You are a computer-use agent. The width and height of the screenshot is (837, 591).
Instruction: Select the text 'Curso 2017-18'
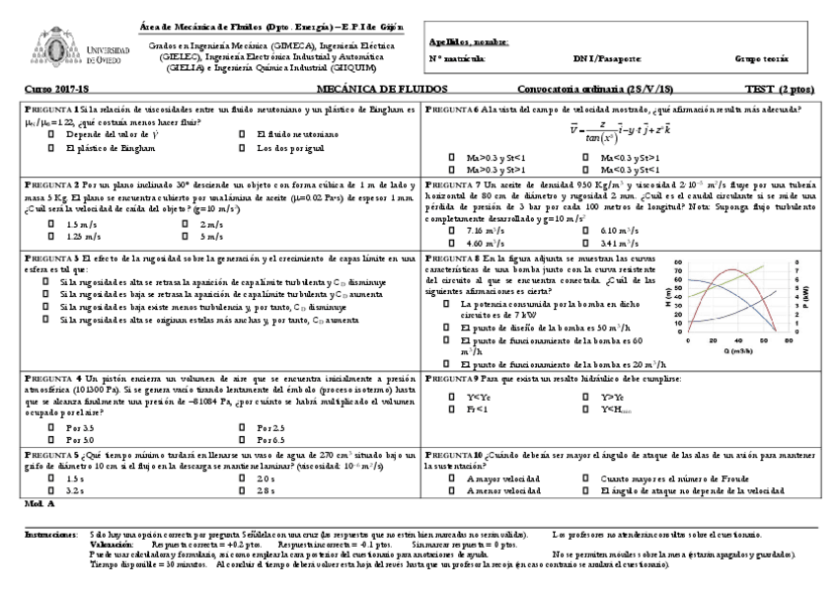(x=49, y=89)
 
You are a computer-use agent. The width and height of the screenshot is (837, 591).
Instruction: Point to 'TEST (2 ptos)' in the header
(x=777, y=89)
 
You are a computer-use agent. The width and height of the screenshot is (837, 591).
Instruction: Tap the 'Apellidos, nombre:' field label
(x=469, y=42)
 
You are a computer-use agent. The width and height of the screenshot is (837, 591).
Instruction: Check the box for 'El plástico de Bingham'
(x=52, y=148)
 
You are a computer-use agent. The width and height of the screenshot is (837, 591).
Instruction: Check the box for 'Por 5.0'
(x=52, y=439)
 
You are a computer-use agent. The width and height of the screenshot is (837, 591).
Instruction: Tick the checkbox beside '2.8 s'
(x=243, y=489)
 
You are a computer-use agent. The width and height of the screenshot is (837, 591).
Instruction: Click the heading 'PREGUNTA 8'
(x=453, y=258)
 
